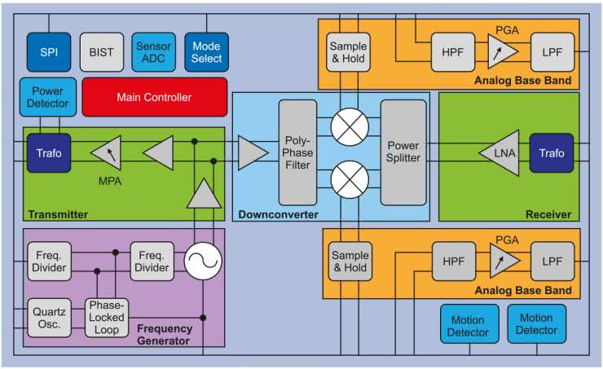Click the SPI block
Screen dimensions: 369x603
pos(50,52)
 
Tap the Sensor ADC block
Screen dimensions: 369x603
pos(153,52)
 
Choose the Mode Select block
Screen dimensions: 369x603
pos(206,52)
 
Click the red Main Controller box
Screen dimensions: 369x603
pos(154,98)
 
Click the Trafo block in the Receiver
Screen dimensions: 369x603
pos(552,153)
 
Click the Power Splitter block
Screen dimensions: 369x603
pos(403,152)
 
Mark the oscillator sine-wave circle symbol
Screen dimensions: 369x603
pos(200,261)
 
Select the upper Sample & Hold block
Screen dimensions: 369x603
pos(349,52)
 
